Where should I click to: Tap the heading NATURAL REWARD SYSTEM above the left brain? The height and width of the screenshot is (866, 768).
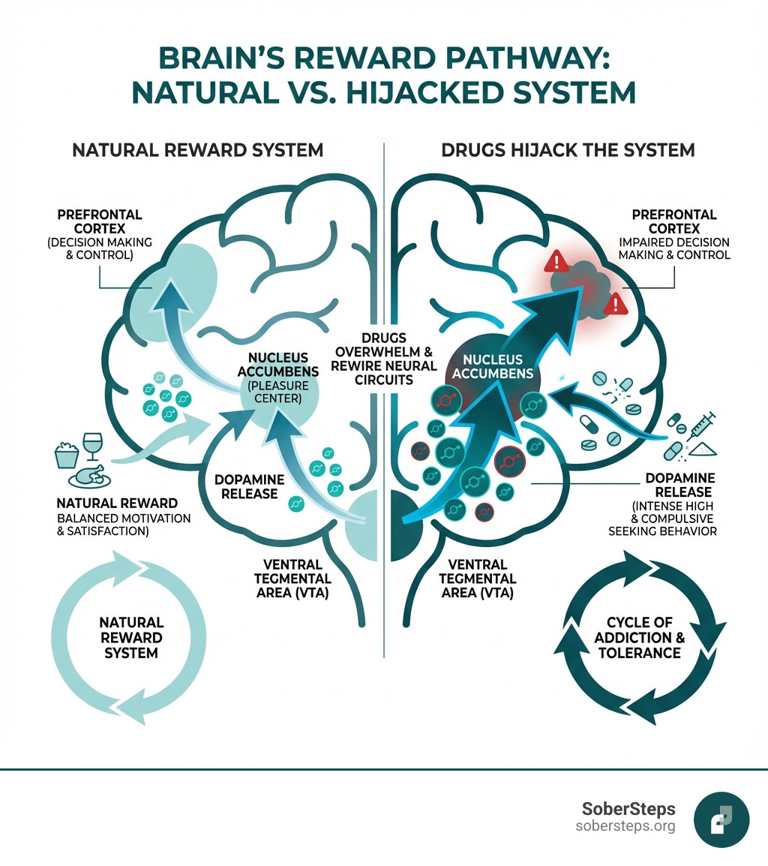[x=198, y=150]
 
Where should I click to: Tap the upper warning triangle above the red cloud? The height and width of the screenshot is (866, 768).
[x=556, y=262]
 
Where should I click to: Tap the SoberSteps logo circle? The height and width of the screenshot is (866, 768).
[x=721, y=820]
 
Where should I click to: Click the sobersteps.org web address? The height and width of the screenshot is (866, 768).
[x=625, y=826]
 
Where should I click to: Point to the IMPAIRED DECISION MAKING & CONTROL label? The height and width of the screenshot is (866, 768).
[x=673, y=248]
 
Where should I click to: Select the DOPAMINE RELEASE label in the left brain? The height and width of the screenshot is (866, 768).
[x=246, y=486]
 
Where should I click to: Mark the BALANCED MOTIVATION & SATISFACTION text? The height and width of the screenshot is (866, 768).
[x=124, y=525]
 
